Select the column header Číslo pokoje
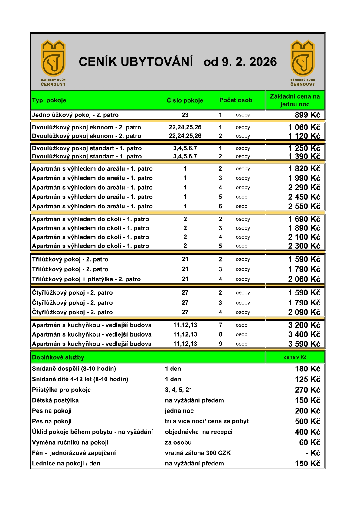click(x=185, y=100)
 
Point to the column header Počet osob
click(x=236, y=100)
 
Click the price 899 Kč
click(x=307, y=115)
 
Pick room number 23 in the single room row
click(x=185, y=115)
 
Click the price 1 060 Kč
click(x=304, y=127)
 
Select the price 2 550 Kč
click(x=304, y=206)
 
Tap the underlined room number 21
click(x=185, y=279)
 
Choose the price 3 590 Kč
click(x=304, y=344)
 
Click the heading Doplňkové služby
click(x=58, y=357)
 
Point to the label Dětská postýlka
click(x=55, y=400)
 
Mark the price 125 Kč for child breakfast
click(x=307, y=379)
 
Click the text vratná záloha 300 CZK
click(x=198, y=453)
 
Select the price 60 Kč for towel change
click(x=309, y=442)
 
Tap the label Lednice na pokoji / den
click(x=66, y=464)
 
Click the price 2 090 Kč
click(x=304, y=312)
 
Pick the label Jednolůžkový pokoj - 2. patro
click(x=75, y=115)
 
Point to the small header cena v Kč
click(x=295, y=357)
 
